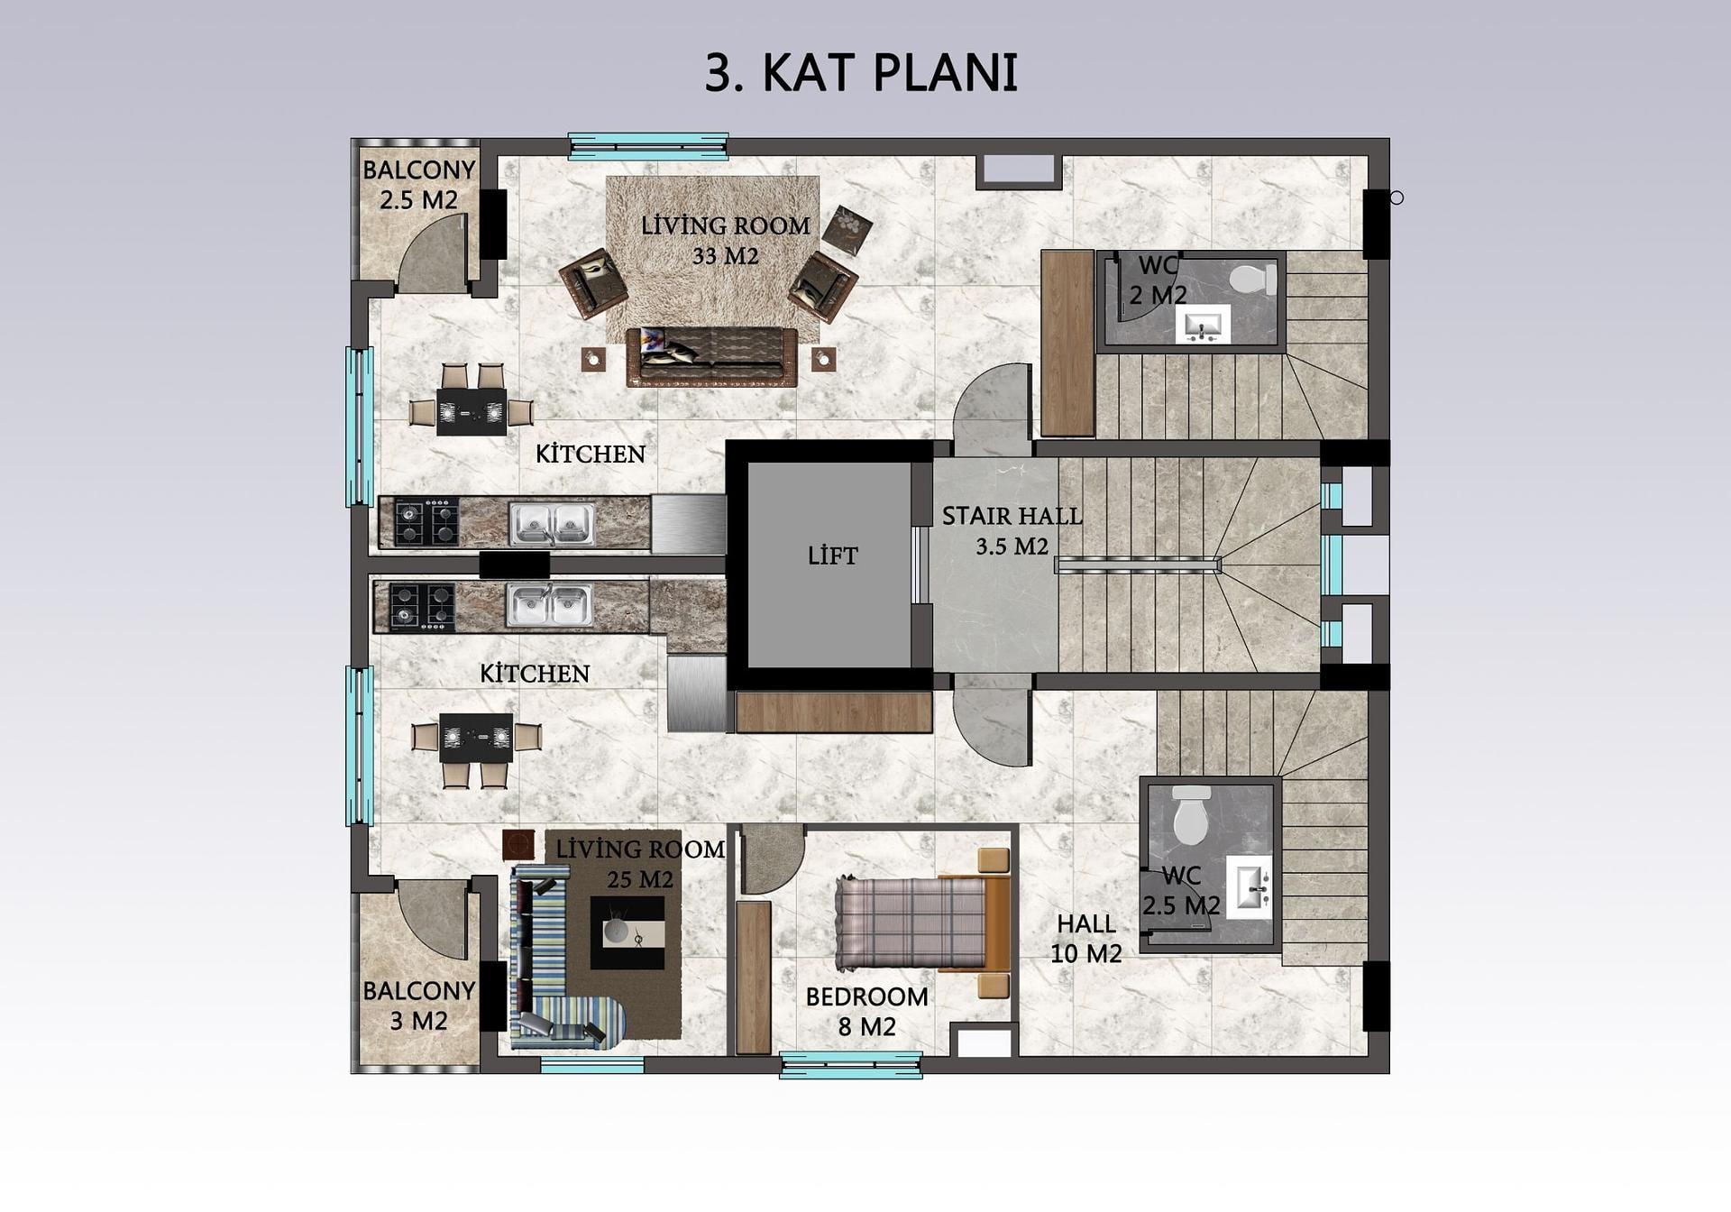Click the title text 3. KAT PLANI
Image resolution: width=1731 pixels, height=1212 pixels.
pyautogui.click(x=861, y=73)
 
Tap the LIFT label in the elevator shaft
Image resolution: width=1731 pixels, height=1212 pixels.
pyautogui.click(x=832, y=555)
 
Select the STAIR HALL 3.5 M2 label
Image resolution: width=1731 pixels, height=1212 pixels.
pyautogui.click(x=1012, y=531)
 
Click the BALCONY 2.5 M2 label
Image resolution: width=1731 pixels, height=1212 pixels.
pyautogui.click(x=418, y=185)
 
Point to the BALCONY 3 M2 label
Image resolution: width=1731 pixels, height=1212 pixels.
pyautogui.click(x=418, y=1005)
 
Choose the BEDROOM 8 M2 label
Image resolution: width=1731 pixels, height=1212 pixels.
pyautogui.click(x=866, y=1012)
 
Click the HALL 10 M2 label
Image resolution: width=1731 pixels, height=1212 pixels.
pyautogui.click(x=1086, y=939)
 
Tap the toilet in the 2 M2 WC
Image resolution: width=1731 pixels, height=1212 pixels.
pyautogui.click(x=1253, y=279)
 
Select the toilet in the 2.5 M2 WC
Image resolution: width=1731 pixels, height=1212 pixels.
pyautogui.click(x=1191, y=815)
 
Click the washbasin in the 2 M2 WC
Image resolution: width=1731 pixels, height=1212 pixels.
pyautogui.click(x=1203, y=324)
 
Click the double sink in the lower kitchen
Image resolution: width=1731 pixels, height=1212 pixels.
pyautogui.click(x=549, y=605)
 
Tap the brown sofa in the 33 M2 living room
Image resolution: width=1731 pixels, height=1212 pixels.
pyautogui.click(x=711, y=357)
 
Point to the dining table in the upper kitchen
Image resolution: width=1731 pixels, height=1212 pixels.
pyautogui.click(x=471, y=411)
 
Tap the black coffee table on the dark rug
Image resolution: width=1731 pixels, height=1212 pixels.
pyautogui.click(x=627, y=932)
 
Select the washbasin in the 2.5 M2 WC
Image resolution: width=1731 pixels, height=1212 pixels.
pyautogui.click(x=1249, y=887)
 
